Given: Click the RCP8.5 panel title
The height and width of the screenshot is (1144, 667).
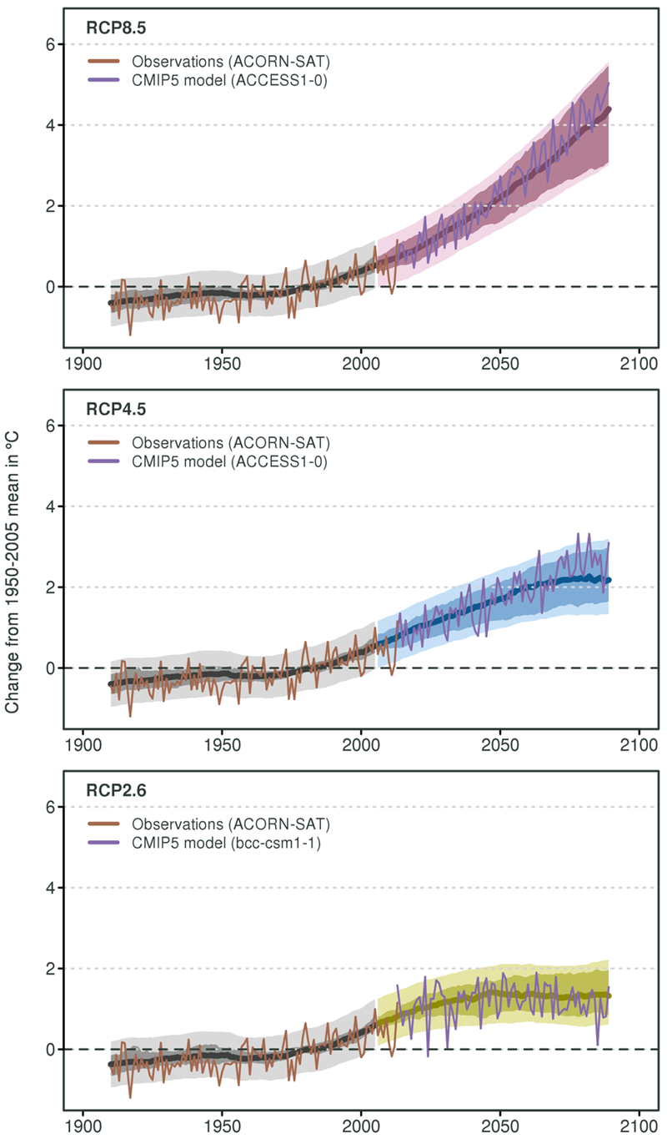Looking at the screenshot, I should (x=112, y=27).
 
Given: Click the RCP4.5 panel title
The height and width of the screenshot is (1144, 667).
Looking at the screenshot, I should (x=112, y=408).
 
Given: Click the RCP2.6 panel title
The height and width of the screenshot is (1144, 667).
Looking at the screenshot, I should (x=112, y=789).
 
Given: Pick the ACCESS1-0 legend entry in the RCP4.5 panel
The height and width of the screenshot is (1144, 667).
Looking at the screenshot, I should (x=220, y=461).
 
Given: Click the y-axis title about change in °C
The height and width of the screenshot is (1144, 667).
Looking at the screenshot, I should (x=13, y=572).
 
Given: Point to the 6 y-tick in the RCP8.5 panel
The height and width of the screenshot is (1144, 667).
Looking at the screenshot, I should (x=50, y=44).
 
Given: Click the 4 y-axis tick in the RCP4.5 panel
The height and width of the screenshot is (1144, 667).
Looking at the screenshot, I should (x=50, y=506).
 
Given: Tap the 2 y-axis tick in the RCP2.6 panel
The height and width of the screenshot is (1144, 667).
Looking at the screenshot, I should (x=50, y=969).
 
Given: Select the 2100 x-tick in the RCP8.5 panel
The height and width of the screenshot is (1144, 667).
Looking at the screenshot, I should (x=639, y=365).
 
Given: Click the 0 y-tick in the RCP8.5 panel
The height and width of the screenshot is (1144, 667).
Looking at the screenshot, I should (x=50, y=287).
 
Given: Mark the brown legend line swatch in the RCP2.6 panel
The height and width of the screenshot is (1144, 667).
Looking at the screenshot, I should (x=107, y=824).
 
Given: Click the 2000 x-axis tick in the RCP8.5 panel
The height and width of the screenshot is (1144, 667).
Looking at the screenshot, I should (x=361, y=365).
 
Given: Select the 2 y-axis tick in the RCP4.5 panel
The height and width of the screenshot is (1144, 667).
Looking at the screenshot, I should (x=50, y=587).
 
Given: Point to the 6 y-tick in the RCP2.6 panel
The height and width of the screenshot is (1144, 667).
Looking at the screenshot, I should (x=50, y=807).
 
